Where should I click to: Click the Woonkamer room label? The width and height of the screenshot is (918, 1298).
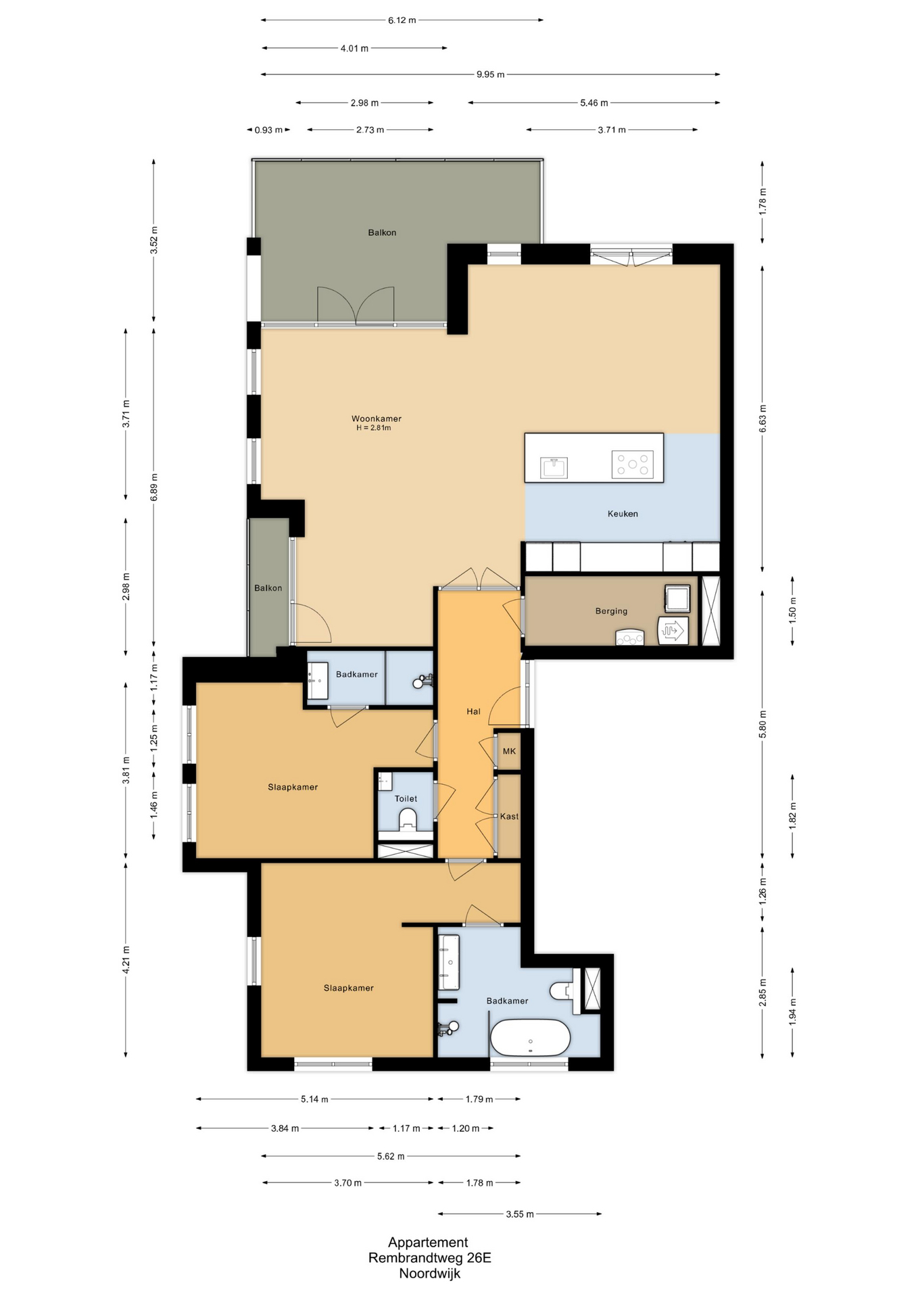(x=376, y=418)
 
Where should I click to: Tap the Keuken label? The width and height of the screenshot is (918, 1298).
(x=623, y=514)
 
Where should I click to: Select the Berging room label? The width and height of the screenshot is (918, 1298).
(x=611, y=611)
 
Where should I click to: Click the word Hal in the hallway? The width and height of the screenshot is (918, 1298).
(x=473, y=711)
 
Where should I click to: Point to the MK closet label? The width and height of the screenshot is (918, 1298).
(x=509, y=751)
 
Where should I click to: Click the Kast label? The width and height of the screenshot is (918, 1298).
(x=509, y=817)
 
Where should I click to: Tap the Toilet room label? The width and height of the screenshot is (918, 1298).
(x=406, y=799)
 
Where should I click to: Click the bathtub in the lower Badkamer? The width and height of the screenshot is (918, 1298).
(x=531, y=1038)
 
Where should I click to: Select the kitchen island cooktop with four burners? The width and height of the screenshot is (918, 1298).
(x=632, y=464)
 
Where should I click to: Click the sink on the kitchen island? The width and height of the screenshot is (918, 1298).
(x=554, y=467)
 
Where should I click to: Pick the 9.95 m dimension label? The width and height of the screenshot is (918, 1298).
(x=490, y=74)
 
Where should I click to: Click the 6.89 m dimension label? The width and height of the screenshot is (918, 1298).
(x=154, y=487)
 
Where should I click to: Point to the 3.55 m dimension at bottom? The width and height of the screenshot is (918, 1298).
(x=520, y=1214)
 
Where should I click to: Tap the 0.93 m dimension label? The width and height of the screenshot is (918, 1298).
(x=268, y=130)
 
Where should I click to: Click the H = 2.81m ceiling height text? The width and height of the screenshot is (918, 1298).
(x=374, y=428)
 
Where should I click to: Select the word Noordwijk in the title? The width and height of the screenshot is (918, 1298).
(x=429, y=1274)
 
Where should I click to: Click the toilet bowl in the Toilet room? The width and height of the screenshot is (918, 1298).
(x=408, y=820)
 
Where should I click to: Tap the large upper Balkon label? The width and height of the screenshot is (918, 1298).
(x=382, y=233)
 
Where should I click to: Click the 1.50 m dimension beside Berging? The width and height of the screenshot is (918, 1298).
(x=793, y=610)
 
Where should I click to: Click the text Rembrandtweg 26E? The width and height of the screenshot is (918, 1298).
(x=429, y=1258)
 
